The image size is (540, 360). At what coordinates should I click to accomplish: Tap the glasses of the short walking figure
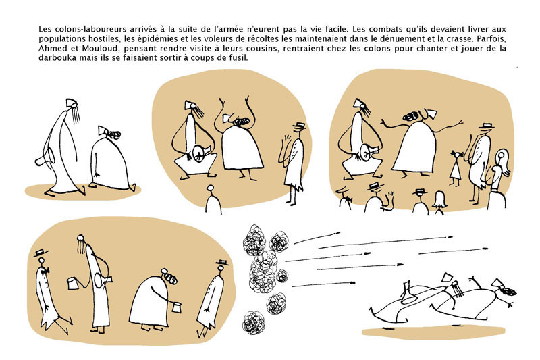point(109,132)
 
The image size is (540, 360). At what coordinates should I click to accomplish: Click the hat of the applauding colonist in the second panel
point(298,127)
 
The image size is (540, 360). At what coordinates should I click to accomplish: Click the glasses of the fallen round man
point(507,290)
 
